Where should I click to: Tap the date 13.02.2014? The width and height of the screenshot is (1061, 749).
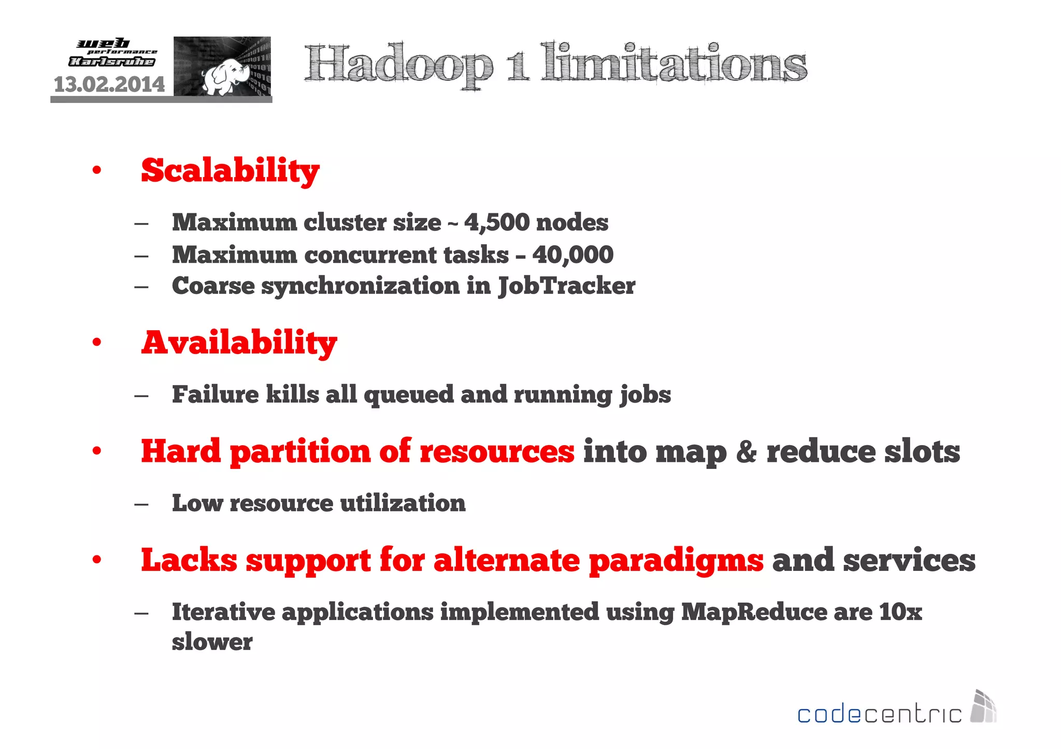109,84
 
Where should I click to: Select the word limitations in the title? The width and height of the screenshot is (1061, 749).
673,63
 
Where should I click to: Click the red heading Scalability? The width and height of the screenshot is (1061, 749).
230,171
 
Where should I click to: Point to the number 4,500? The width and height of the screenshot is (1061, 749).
497,223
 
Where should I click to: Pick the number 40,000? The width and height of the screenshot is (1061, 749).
572,255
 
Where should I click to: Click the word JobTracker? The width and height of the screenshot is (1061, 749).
567,286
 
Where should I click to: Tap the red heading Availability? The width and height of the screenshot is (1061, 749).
239,343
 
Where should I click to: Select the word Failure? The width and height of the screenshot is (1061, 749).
215,394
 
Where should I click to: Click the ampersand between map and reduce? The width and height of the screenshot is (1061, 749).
746,451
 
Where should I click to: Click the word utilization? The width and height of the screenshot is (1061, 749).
403,503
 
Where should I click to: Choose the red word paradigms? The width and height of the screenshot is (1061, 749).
676,561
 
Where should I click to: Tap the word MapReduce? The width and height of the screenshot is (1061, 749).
754,612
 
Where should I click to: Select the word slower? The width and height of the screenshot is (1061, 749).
212,642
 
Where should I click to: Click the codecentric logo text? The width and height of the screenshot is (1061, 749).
879,714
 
